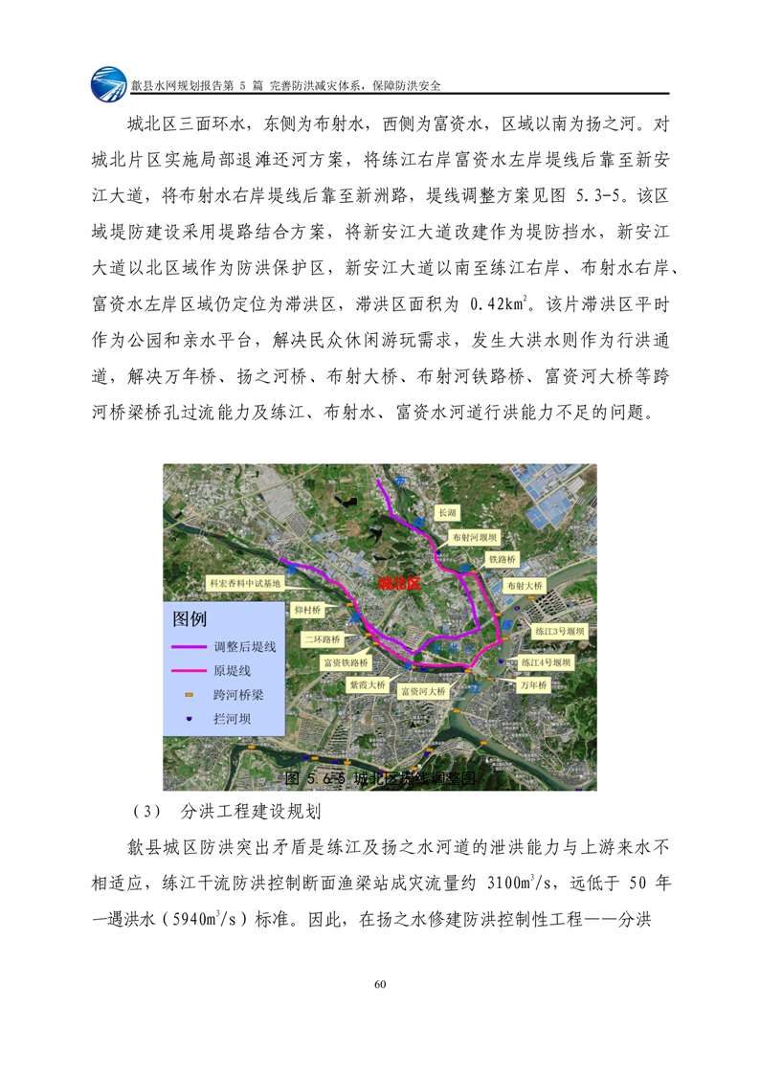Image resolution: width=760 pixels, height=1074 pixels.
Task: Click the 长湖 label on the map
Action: [447, 514]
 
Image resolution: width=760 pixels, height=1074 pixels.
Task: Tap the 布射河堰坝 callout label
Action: [476, 539]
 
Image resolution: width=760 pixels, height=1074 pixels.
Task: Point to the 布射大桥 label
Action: [525, 585]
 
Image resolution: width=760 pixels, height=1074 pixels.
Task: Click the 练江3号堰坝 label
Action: [558, 633]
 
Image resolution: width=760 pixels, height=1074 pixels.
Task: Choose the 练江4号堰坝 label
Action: [547, 661]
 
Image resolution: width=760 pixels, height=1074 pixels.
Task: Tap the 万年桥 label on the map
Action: [532, 685]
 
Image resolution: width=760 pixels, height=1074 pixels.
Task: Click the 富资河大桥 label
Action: [422, 691]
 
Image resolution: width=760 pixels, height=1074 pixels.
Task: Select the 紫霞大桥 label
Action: [369, 685]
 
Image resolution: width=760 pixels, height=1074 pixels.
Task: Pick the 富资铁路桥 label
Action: [346, 661]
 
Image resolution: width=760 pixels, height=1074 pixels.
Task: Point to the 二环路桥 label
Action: [323, 638]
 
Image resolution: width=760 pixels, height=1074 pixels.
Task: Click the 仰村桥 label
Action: [309, 609]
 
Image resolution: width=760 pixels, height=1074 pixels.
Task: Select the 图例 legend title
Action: [189, 618]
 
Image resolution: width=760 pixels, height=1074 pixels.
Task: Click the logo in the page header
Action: [109, 84]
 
